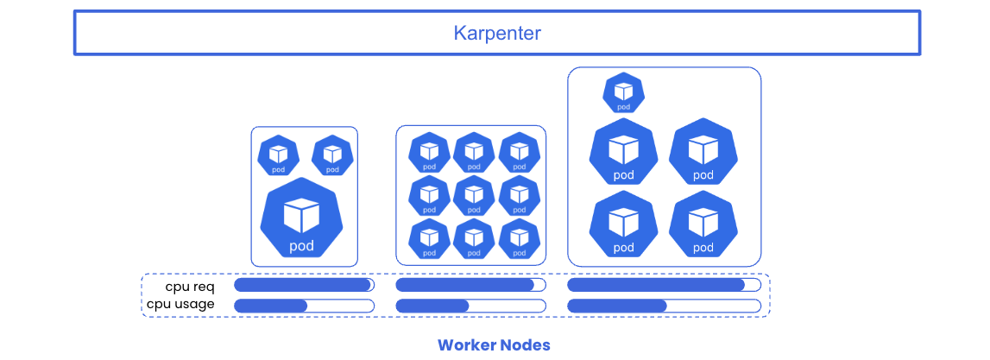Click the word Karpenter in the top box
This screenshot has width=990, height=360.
[x=497, y=34]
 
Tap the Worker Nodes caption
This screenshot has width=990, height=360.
[x=494, y=345]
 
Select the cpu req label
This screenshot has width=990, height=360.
[x=190, y=287]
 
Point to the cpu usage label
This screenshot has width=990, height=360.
[x=180, y=304]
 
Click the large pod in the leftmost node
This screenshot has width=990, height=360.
[x=302, y=218]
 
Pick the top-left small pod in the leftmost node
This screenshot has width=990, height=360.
[x=278, y=156]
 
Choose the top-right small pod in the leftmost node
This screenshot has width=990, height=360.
[x=332, y=156]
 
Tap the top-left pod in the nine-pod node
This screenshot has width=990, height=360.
[x=429, y=154]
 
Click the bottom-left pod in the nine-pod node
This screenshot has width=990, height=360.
[x=429, y=238]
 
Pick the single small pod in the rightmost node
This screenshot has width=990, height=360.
[x=623, y=92]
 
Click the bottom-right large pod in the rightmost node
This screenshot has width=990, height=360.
[x=703, y=224]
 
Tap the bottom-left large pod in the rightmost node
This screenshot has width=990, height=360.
[x=623, y=224]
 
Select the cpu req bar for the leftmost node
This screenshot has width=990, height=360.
[x=304, y=285]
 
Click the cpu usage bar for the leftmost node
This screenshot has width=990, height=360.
[x=304, y=306]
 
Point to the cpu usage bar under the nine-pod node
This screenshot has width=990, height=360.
[x=470, y=306]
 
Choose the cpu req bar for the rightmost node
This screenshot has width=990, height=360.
[x=664, y=285]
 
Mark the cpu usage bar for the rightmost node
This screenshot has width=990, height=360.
[x=664, y=306]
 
